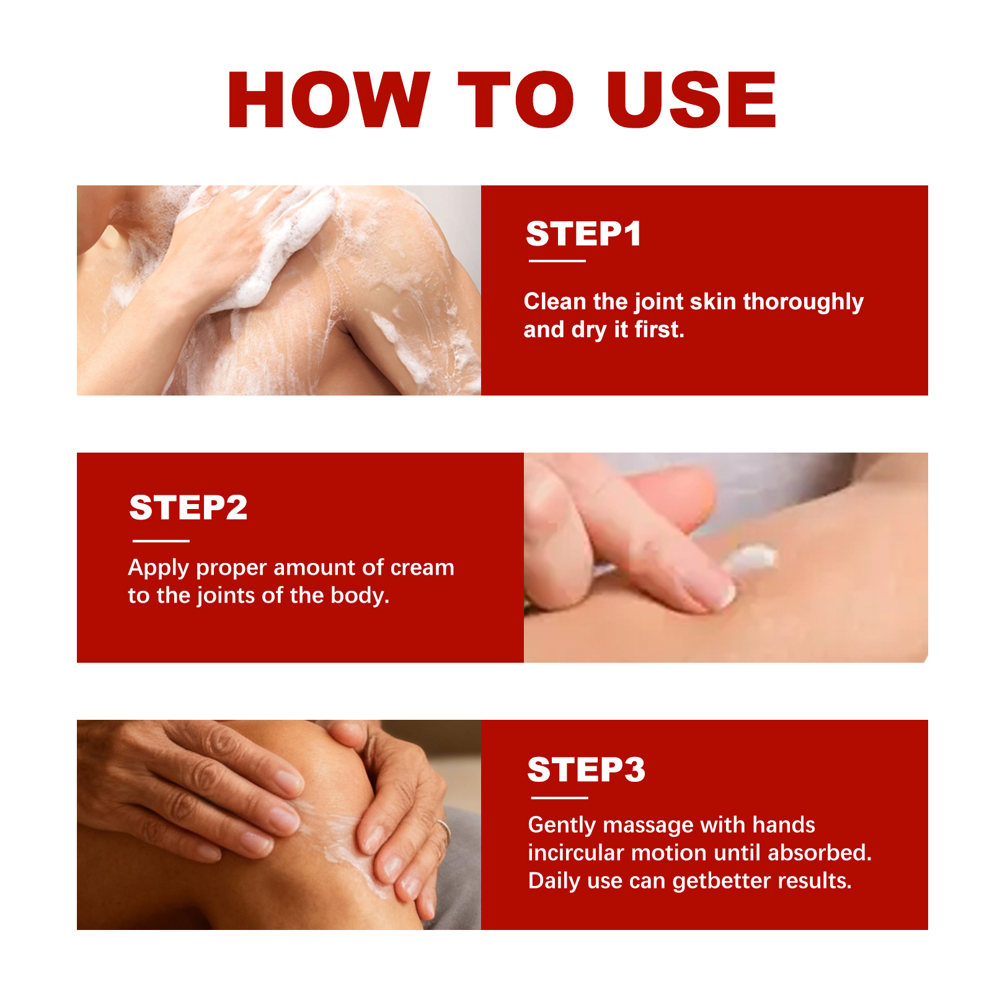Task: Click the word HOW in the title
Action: pyautogui.click(x=329, y=100)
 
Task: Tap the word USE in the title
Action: pyautogui.click(x=691, y=100)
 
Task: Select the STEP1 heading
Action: pyautogui.click(x=583, y=234)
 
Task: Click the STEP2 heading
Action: pyautogui.click(x=188, y=508)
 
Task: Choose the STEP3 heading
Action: pyautogui.click(x=586, y=769)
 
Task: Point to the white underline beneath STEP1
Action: pyautogui.click(x=557, y=261)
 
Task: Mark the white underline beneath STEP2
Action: pyautogui.click(x=161, y=541)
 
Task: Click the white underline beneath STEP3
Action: pyautogui.click(x=559, y=798)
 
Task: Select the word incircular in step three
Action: pyautogui.click(x=576, y=853)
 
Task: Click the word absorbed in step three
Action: pyautogui.click(x=820, y=853)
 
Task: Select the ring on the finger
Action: pyautogui.click(x=445, y=828)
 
